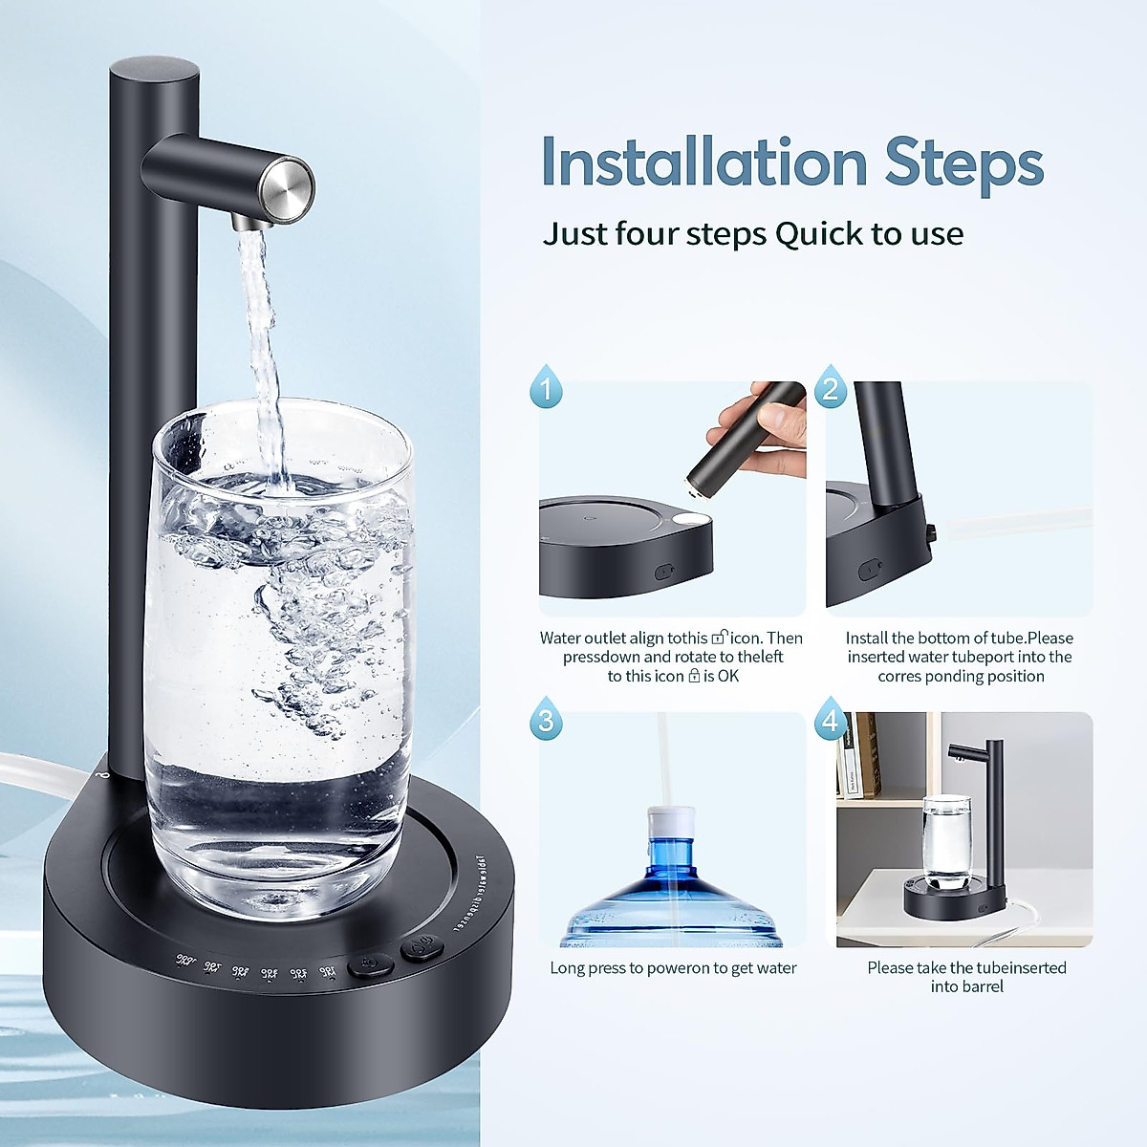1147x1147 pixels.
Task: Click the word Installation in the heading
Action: tap(703, 162)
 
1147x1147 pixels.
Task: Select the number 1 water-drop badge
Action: tap(547, 387)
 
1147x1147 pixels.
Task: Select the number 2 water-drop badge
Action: tap(830, 387)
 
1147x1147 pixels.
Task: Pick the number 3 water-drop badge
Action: tap(547, 719)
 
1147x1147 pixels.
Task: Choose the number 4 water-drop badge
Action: tap(830, 719)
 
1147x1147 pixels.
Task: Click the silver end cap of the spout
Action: tap(289, 184)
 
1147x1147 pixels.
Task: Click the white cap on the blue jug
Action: tap(670, 821)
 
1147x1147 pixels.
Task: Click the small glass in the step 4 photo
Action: tap(946, 836)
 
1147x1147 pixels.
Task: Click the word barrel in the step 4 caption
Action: tap(982, 986)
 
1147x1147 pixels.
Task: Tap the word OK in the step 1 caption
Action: tap(728, 676)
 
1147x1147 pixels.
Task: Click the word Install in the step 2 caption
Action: tap(866, 638)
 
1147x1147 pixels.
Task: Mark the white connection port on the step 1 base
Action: tap(691, 521)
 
